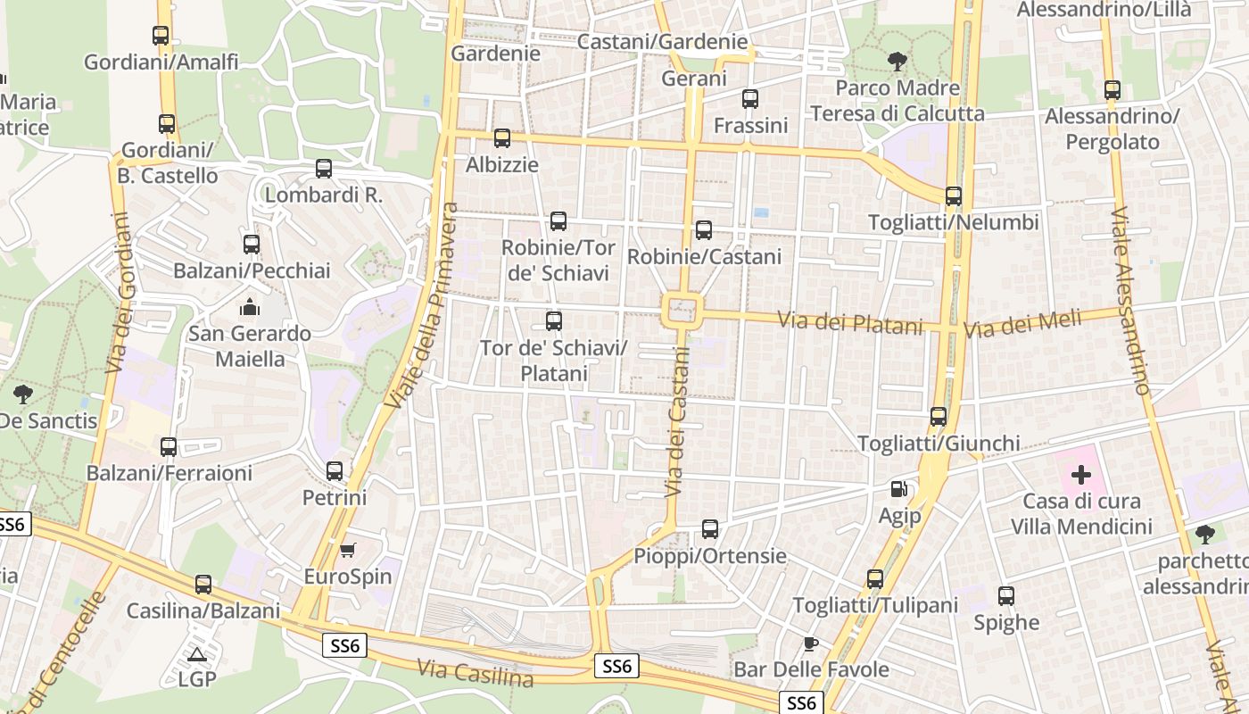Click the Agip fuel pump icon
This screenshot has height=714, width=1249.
898,489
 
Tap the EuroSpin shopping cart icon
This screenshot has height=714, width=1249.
348,550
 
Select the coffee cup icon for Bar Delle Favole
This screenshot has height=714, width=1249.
810,643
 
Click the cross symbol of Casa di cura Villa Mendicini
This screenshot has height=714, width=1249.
1081,474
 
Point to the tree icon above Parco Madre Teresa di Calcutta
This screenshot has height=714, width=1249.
897,62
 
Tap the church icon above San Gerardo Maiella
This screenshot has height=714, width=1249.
250,307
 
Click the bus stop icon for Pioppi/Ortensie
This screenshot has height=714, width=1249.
710,529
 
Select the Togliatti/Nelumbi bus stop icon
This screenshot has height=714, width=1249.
954,196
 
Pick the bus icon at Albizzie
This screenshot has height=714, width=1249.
502,138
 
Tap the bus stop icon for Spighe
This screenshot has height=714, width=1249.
1006,596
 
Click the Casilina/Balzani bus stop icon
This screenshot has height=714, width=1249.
203,585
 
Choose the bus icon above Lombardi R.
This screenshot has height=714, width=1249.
324,169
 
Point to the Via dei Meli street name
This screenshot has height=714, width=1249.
1022,323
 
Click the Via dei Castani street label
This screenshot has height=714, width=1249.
678,420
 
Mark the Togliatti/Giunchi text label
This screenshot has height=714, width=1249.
938,444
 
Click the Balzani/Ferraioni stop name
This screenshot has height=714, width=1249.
170,473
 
